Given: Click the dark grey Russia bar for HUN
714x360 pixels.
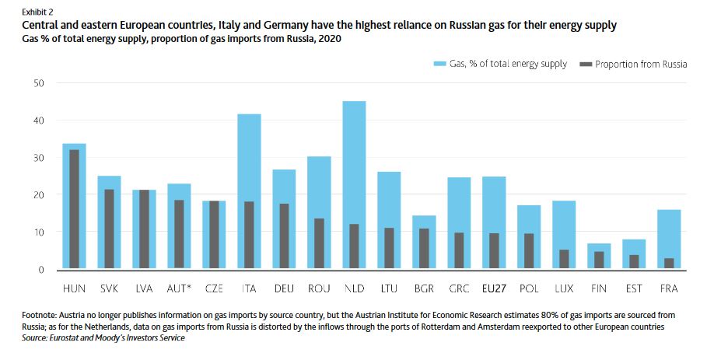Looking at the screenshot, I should pos(74,210).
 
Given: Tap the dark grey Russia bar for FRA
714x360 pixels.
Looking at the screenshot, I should pos(669,264).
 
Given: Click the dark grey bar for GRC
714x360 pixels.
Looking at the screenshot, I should pos(459,251).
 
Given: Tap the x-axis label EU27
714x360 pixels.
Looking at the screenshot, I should pos(494,288).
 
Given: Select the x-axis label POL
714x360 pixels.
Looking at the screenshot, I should pos(529,288).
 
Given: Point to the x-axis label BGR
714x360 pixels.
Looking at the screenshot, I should pos(424,288).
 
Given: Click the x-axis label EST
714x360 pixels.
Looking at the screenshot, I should pos(634,288).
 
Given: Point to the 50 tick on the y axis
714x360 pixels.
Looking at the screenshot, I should pos(40,83).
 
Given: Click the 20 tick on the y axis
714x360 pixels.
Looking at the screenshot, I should pos(40,195).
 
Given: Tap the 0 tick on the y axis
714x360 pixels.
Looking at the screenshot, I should pos(42,270).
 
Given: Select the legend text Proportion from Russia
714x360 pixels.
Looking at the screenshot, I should pos(641,64).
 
